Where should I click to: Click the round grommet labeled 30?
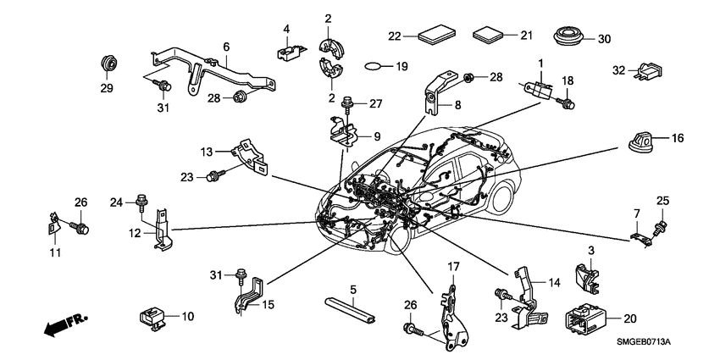click(566, 38)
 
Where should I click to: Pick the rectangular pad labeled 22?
click(436, 36)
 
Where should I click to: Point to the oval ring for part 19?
click(377, 65)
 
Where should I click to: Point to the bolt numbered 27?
click(349, 104)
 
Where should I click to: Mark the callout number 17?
click(453, 267)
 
